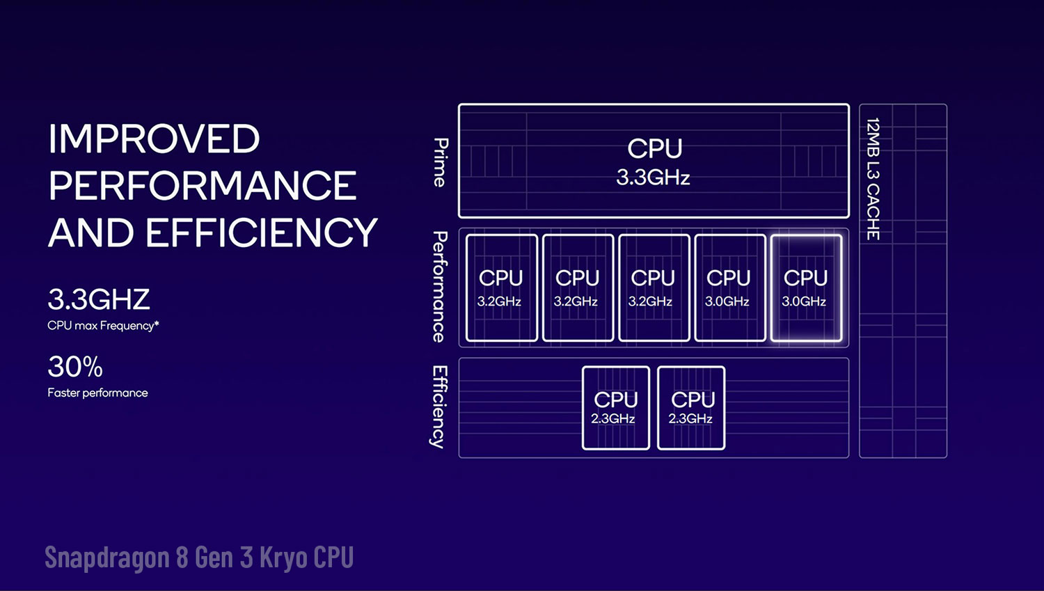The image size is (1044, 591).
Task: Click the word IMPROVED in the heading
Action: coord(155,139)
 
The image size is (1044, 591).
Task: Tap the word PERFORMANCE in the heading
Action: coord(203,185)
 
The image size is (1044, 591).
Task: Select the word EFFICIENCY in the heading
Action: coord(262,233)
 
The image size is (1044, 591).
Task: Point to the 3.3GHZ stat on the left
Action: coord(98,299)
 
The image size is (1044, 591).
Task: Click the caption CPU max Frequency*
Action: coord(103,325)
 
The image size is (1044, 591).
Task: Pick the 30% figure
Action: coord(75,367)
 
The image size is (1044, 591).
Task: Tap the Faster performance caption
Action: coord(97,393)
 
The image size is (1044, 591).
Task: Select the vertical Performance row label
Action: coord(440,287)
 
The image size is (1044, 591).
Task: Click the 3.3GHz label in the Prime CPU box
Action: coord(653,178)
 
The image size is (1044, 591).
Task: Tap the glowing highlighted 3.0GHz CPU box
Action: coord(806,288)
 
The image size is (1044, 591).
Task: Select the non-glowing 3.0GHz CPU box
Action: coord(730,288)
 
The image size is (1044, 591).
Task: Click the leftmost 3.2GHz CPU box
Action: coord(502,288)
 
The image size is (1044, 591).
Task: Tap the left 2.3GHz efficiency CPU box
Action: coord(616,409)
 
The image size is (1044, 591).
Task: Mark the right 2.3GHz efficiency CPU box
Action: coord(691,409)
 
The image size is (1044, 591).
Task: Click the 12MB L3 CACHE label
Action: coord(873,180)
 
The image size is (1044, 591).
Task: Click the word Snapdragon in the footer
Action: coord(107,558)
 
